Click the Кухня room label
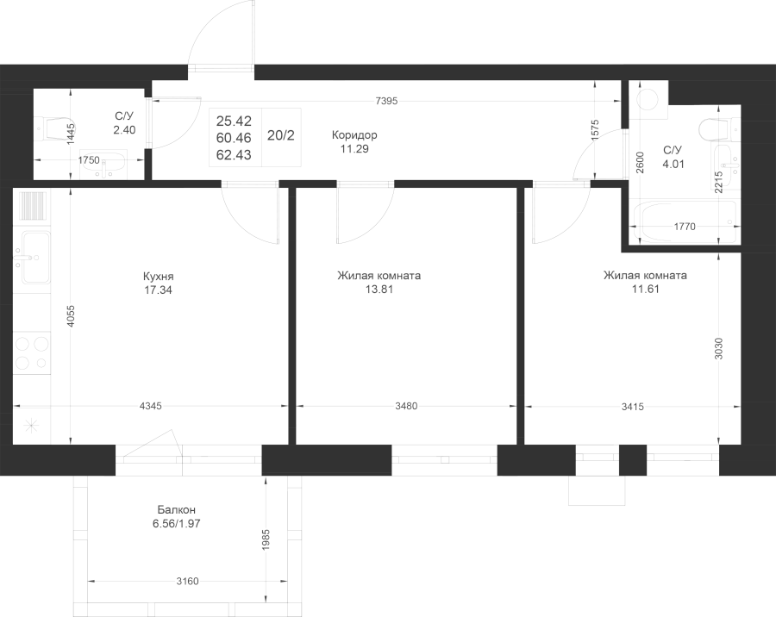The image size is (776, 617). pos(158,276)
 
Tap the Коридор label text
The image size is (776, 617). pos(354,135)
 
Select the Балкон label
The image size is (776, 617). pos(177,509)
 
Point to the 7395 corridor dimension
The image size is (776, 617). pos(386,102)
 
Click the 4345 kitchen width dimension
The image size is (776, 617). pos(151,406)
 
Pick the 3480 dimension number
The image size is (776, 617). pos(406,406)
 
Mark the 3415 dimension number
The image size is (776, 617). pos(633,407)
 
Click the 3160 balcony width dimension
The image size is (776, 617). pos(188,581)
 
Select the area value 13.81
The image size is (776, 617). pos(379,290)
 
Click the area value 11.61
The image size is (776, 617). pos(645,290)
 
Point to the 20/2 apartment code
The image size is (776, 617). pos(281,135)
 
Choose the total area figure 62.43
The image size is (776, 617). pos(234,155)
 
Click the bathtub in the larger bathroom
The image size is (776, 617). pos(687,221)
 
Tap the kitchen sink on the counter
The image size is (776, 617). pos(32,258)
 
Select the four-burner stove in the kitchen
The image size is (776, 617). pos(32,352)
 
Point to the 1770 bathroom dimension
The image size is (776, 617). pos(685,227)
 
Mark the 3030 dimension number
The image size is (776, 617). pos(719,348)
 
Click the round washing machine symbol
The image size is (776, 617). pos(648,99)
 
